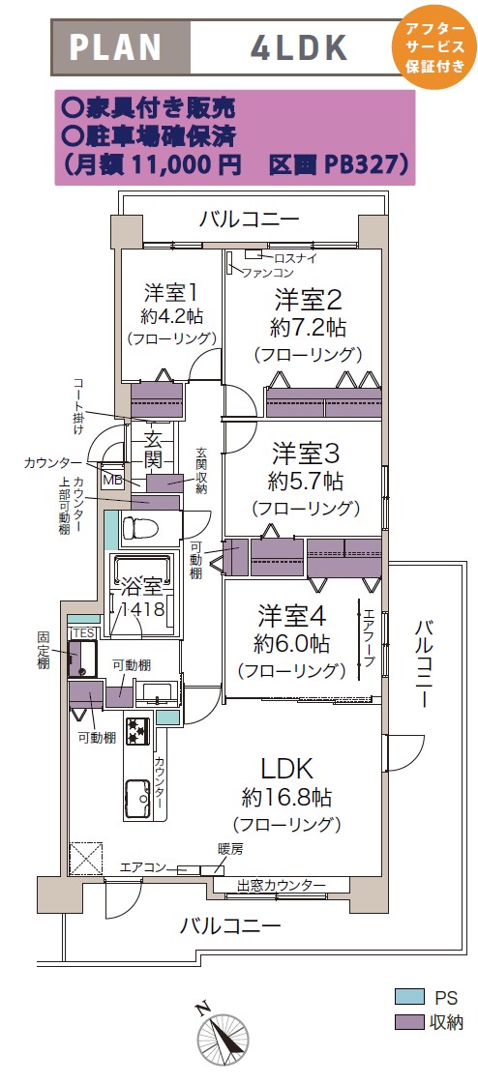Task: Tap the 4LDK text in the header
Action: click(299, 47)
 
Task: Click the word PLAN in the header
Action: click(115, 47)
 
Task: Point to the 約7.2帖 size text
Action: click(308, 326)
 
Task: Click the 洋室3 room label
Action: click(305, 454)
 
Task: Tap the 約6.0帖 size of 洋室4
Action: click(290, 643)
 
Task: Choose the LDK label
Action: click(287, 768)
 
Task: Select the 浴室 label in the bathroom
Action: click(142, 588)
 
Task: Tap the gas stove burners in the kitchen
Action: click(137, 731)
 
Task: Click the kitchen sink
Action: click(137, 800)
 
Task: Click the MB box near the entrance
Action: click(111, 478)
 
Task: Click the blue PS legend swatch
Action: click(408, 997)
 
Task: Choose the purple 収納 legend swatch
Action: click(408, 1021)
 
